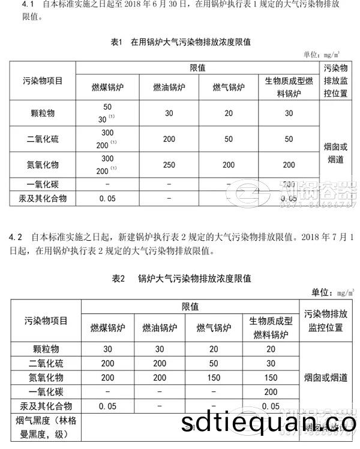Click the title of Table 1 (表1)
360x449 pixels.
coord(181,42)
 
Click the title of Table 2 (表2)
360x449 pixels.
coord(181,279)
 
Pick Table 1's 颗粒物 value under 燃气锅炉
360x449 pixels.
coord(228,113)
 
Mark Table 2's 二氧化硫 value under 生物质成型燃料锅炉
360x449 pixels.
coord(271,363)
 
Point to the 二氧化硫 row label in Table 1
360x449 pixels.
coord(43,139)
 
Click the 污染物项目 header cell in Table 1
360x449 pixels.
coord(43,80)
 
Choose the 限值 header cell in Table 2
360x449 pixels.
coord(190,307)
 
